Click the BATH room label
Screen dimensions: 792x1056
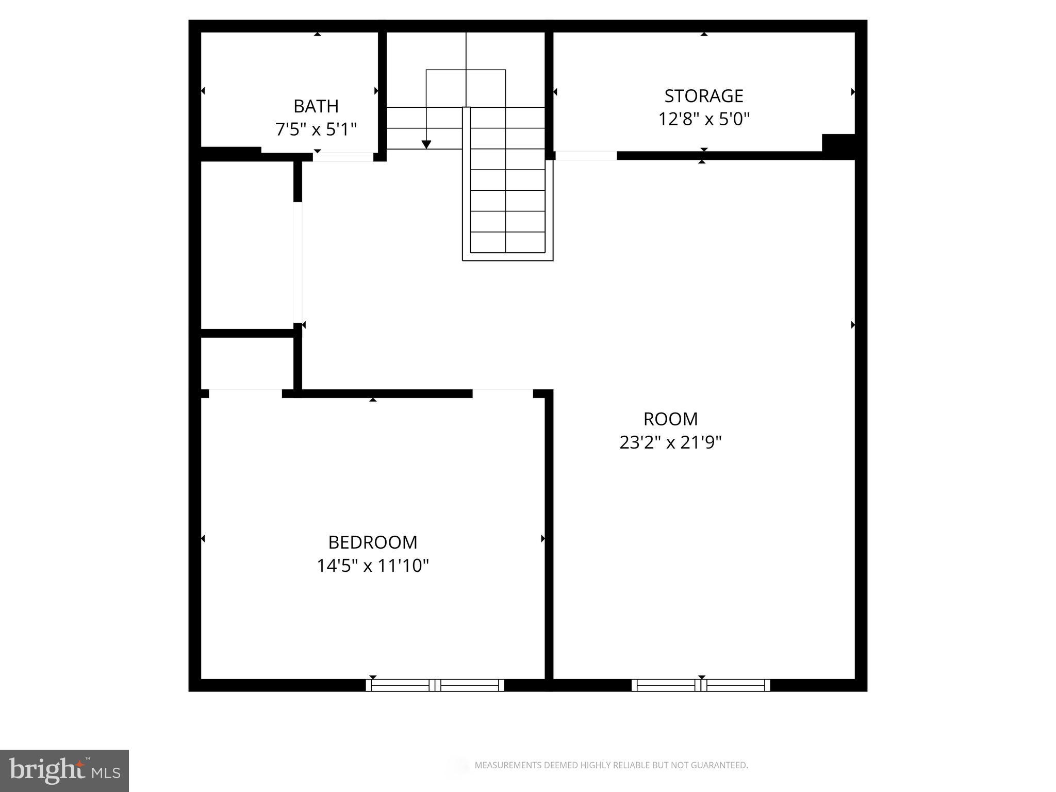tap(316, 106)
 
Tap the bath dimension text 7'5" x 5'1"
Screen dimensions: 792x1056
tap(316, 129)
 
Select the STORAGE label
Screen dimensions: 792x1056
tap(703, 96)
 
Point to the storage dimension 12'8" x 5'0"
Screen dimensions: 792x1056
tap(703, 119)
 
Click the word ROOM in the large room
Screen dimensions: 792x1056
tap(670, 419)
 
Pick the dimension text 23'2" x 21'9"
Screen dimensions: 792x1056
tap(670, 442)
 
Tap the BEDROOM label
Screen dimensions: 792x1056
tap(372, 542)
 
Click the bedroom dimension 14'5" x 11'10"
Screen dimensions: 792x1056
tap(372, 566)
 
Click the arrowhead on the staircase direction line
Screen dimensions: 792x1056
tap(426, 144)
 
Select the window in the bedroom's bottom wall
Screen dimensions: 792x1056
tap(435, 685)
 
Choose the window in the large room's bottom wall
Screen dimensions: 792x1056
tap(700, 685)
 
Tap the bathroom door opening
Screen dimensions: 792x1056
tap(343, 157)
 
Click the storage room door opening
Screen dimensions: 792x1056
tap(585, 156)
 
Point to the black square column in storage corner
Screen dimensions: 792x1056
tap(838, 146)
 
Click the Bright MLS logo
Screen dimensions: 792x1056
tap(64, 770)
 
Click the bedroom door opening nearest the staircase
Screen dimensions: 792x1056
tap(502, 393)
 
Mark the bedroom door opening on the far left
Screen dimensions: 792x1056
tap(245, 393)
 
